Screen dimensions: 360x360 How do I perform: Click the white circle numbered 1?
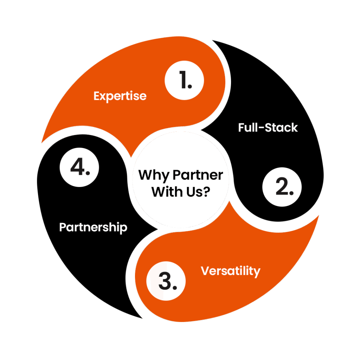point(184,81)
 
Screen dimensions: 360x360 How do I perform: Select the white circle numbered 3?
point(166,282)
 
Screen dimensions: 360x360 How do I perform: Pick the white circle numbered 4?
point(79,168)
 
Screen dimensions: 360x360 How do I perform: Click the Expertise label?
point(120,96)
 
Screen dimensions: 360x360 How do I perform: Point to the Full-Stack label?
point(268,127)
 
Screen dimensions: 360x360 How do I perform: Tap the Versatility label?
point(231,271)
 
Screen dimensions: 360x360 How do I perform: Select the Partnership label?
point(93,227)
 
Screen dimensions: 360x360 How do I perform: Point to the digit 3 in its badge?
point(164,282)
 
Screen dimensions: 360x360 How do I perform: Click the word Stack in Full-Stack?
point(282,127)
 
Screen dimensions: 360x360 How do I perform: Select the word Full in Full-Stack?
point(247,127)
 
